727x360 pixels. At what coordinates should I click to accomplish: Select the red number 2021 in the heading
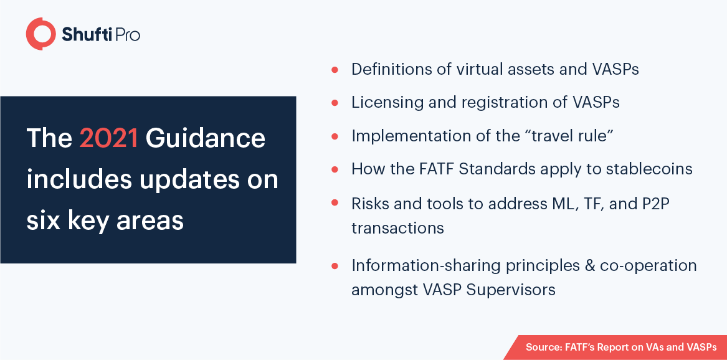(x=108, y=138)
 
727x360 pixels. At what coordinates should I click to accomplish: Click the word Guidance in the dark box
(x=206, y=138)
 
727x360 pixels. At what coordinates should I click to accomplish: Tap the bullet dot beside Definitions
(x=335, y=70)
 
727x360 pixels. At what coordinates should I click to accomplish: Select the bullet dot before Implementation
(x=335, y=136)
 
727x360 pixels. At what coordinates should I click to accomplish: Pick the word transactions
(x=397, y=228)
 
